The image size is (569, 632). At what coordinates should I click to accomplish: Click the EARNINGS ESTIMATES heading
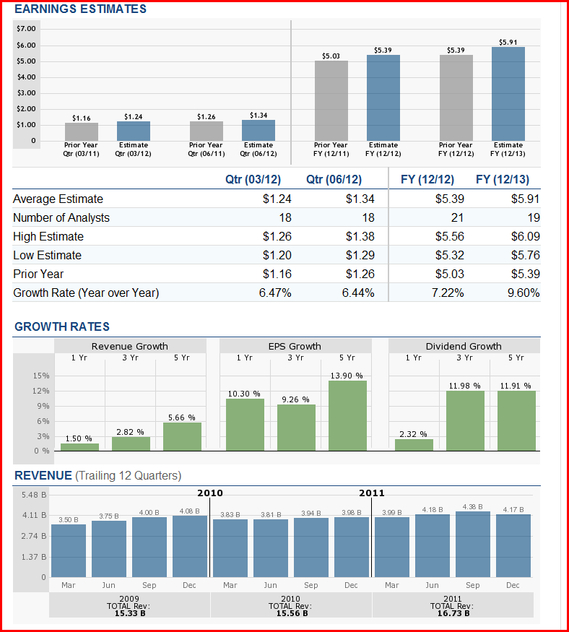tap(80, 9)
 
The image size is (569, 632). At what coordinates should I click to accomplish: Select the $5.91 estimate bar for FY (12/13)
tap(508, 94)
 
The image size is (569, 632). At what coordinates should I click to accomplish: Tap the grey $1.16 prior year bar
tap(82, 132)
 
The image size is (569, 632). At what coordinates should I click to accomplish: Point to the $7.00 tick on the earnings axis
tap(26, 28)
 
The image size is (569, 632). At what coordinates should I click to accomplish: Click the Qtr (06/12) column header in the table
tap(334, 179)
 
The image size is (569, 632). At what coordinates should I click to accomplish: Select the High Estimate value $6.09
tap(525, 236)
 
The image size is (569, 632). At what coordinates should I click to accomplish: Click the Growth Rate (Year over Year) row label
tap(86, 293)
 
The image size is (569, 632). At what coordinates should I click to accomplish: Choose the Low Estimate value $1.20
tap(277, 255)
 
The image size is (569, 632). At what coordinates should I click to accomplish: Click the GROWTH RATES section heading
tap(62, 327)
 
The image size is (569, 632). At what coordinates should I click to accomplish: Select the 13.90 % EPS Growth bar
tap(347, 415)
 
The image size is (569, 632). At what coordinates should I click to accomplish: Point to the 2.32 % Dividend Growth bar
tap(414, 444)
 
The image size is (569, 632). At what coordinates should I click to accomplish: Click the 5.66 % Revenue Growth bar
tap(182, 436)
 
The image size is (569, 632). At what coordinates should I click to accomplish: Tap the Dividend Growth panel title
tap(464, 346)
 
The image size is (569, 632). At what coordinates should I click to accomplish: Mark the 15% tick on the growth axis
tap(41, 376)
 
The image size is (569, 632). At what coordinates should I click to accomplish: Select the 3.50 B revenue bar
tap(69, 550)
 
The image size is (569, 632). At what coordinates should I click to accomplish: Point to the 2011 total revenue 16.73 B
tap(452, 613)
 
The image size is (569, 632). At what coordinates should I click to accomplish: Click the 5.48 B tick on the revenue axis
tap(34, 495)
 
